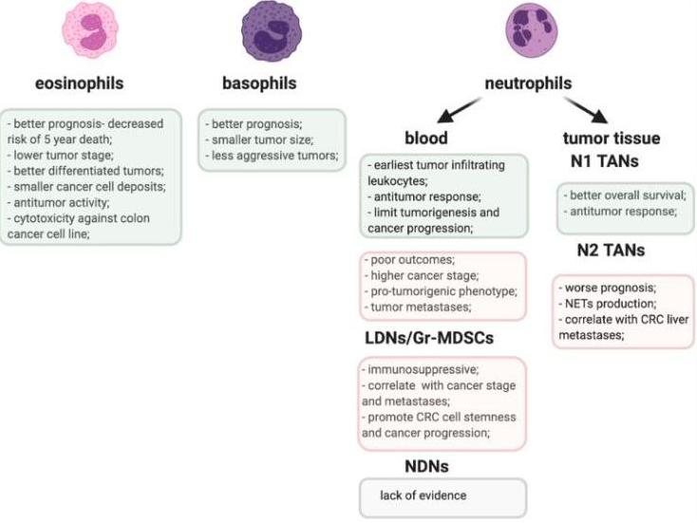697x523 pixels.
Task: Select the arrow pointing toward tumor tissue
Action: click(x=586, y=113)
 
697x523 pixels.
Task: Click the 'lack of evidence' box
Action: click(x=442, y=496)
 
